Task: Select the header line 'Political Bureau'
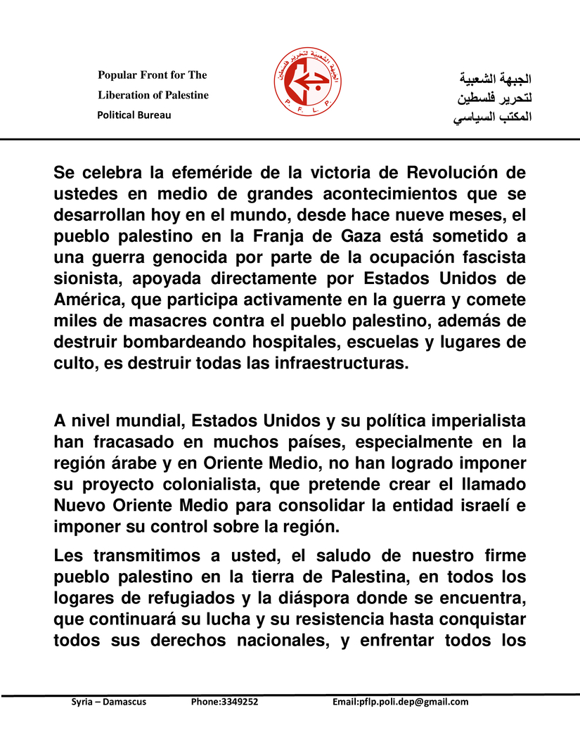[x=134, y=115]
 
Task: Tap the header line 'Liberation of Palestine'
[x=153, y=95]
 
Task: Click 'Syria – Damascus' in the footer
[x=109, y=702]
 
